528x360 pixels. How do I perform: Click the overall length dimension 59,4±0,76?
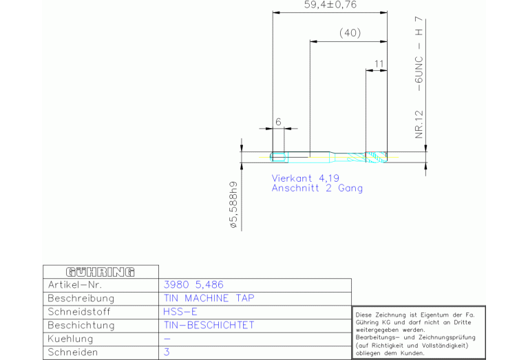point(330,5)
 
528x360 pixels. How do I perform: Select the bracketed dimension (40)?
point(350,32)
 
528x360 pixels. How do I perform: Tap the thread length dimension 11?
point(379,64)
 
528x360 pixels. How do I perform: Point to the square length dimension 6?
point(278,122)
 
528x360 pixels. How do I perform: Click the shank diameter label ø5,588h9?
point(233,205)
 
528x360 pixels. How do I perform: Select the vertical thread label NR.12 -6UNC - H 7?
point(419,78)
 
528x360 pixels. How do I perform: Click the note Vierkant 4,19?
point(306,178)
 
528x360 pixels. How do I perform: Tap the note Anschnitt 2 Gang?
point(317,188)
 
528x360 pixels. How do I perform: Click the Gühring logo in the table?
point(101,272)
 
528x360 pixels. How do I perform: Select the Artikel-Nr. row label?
point(75,285)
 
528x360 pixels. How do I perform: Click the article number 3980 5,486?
point(193,285)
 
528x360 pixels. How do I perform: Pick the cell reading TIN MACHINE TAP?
point(209,298)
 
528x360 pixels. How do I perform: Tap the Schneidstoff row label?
point(79,312)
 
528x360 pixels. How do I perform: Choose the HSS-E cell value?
point(180,312)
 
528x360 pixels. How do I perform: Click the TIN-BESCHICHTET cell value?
point(209,326)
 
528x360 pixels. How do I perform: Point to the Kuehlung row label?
point(70,339)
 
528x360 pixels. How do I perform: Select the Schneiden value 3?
point(167,352)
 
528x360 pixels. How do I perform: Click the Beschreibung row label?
point(81,298)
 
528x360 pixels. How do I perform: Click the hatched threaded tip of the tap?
point(376,157)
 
